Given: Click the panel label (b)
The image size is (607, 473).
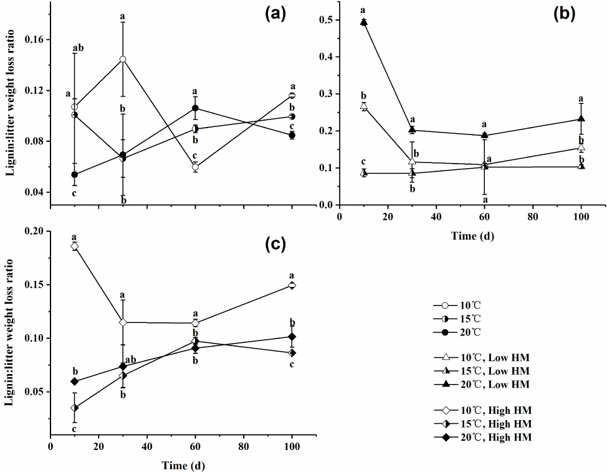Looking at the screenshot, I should click(565, 15).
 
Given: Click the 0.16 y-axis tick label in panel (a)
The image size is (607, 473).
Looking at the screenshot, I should click(35, 40).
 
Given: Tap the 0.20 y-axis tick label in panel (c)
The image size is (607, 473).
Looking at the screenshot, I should click(35, 232).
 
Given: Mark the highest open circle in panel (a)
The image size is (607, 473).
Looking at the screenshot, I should click(123, 59).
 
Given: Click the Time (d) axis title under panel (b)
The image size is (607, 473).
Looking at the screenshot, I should click(473, 236).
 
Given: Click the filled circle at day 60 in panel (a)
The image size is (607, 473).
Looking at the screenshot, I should click(196, 108).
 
